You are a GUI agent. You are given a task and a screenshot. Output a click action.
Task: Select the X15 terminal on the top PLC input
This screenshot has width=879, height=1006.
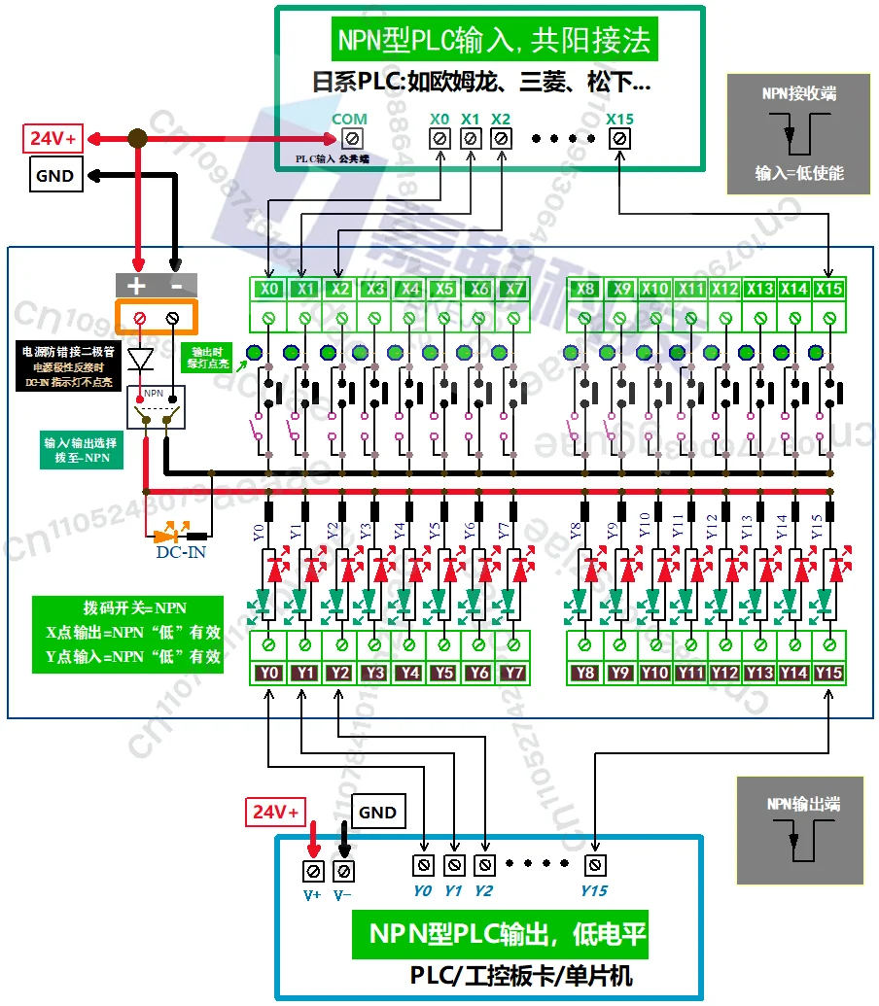pos(619,139)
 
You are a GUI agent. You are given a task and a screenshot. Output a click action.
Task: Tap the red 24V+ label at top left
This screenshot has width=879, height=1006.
pos(53,138)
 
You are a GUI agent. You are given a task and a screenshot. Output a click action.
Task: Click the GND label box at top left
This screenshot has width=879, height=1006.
pos(54,176)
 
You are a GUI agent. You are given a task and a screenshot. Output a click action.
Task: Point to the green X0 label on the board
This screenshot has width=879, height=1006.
pos(270,289)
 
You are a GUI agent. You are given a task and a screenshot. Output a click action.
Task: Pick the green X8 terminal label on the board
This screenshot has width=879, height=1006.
pos(584,289)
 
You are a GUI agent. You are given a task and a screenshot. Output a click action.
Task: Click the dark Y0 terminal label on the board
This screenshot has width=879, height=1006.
pos(270,673)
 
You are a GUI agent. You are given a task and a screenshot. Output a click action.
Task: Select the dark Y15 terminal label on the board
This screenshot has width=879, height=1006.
pos(828,673)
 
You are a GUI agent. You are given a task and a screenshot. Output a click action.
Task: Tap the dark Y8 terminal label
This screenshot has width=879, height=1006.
pos(584,673)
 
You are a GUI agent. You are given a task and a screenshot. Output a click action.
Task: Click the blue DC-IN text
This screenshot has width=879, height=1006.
pos(181,553)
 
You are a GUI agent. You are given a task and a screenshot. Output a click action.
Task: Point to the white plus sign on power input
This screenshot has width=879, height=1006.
pos(137,286)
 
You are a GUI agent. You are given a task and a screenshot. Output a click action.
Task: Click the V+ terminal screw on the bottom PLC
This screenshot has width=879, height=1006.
pos(313,871)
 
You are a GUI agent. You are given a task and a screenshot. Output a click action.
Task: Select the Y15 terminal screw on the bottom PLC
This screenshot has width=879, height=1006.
pos(594,864)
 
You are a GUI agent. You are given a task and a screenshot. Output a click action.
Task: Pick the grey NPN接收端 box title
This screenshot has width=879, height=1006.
pos(799,94)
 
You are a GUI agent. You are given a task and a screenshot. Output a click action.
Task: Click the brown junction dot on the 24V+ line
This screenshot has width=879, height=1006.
pos(138,139)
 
